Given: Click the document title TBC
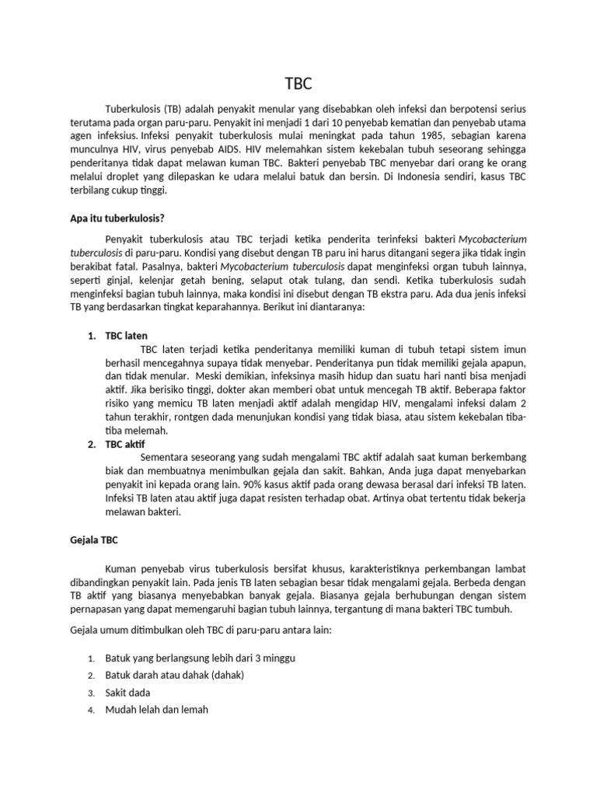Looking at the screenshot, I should point(298,83).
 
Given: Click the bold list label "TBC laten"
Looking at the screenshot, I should point(126,335).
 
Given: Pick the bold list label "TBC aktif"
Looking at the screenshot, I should point(125,444).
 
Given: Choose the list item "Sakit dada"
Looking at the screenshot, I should point(127,692).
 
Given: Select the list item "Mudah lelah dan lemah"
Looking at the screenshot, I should point(157,709).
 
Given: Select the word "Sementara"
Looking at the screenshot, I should point(166,457).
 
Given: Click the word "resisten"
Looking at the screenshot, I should point(307,497).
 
